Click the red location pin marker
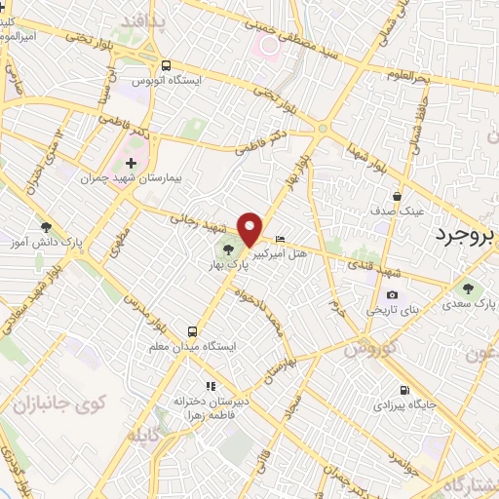coord(249,228)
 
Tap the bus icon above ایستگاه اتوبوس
coord(167,64)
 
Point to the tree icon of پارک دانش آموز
coord(46,226)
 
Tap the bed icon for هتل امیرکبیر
coord(281,239)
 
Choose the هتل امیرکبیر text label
coord(282,253)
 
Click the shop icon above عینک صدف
coord(398,194)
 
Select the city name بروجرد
coord(466,236)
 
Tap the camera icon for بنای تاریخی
coord(392,295)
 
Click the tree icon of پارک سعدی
coord(470,288)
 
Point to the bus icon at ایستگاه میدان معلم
coord(192,330)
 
